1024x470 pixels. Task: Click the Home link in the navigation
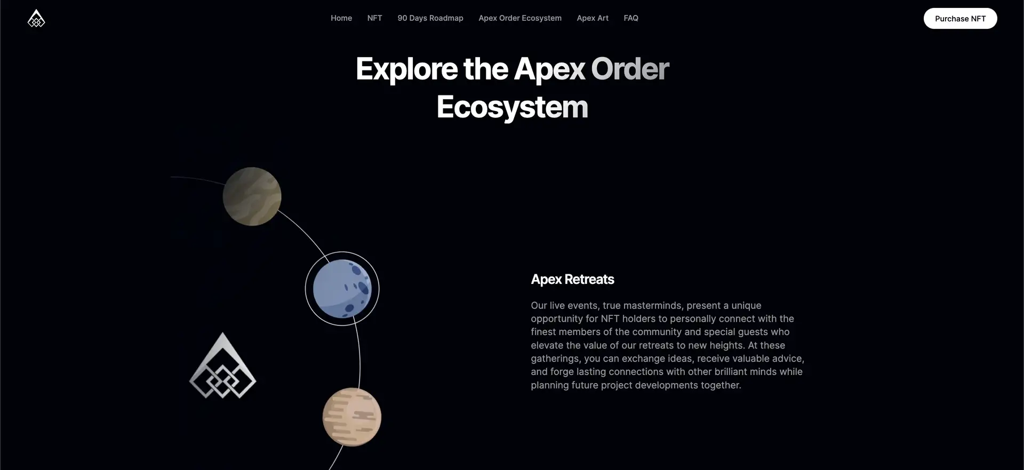[341, 18]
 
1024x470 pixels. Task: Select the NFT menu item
[374, 18]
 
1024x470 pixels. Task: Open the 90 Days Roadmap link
[430, 18]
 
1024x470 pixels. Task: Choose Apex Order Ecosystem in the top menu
[520, 18]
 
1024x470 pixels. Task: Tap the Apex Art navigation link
[593, 18]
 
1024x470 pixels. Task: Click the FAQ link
[631, 18]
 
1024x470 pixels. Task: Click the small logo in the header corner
[36, 18]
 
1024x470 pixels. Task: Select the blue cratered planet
[342, 289]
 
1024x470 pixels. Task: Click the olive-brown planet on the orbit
[252, 196]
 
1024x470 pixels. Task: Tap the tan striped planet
[352, 417]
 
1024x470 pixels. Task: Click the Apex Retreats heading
[572, 280]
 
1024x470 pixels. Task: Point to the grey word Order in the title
[630, 69]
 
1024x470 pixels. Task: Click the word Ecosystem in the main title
[512, 107]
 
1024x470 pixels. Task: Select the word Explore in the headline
[406, 69]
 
